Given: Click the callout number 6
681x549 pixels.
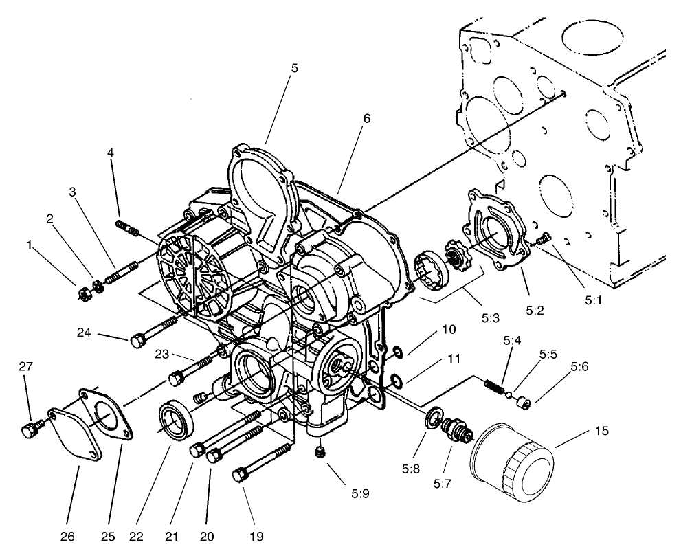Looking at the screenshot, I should click(x=366, y=118).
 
